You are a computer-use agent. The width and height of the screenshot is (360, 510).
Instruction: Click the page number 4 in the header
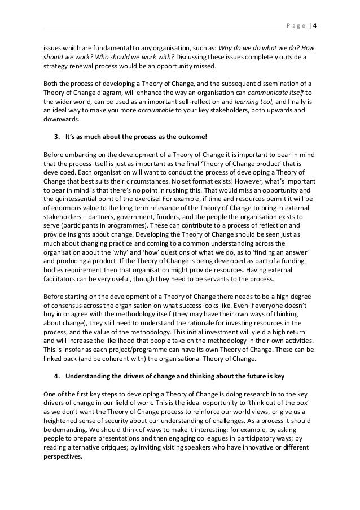[315, 24]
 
